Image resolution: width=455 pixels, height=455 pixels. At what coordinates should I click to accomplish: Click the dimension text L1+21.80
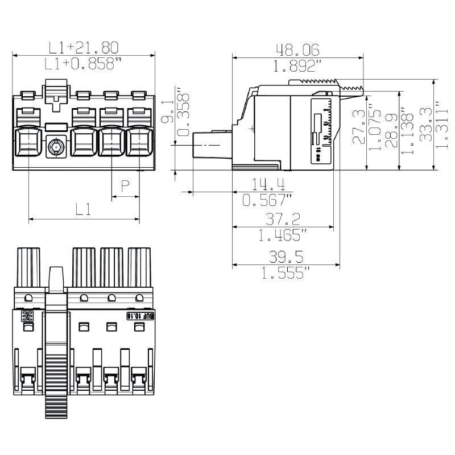point(83,47)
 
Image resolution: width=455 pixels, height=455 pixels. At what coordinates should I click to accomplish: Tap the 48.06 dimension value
point(297,49)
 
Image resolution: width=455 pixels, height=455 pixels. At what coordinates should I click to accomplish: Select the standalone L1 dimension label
point(83,209)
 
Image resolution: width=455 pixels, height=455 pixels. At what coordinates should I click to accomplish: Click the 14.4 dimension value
point(267,184)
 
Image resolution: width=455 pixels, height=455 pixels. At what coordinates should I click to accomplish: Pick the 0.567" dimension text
point(267,200)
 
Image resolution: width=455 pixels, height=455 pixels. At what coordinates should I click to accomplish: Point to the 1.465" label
point(283,235)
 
